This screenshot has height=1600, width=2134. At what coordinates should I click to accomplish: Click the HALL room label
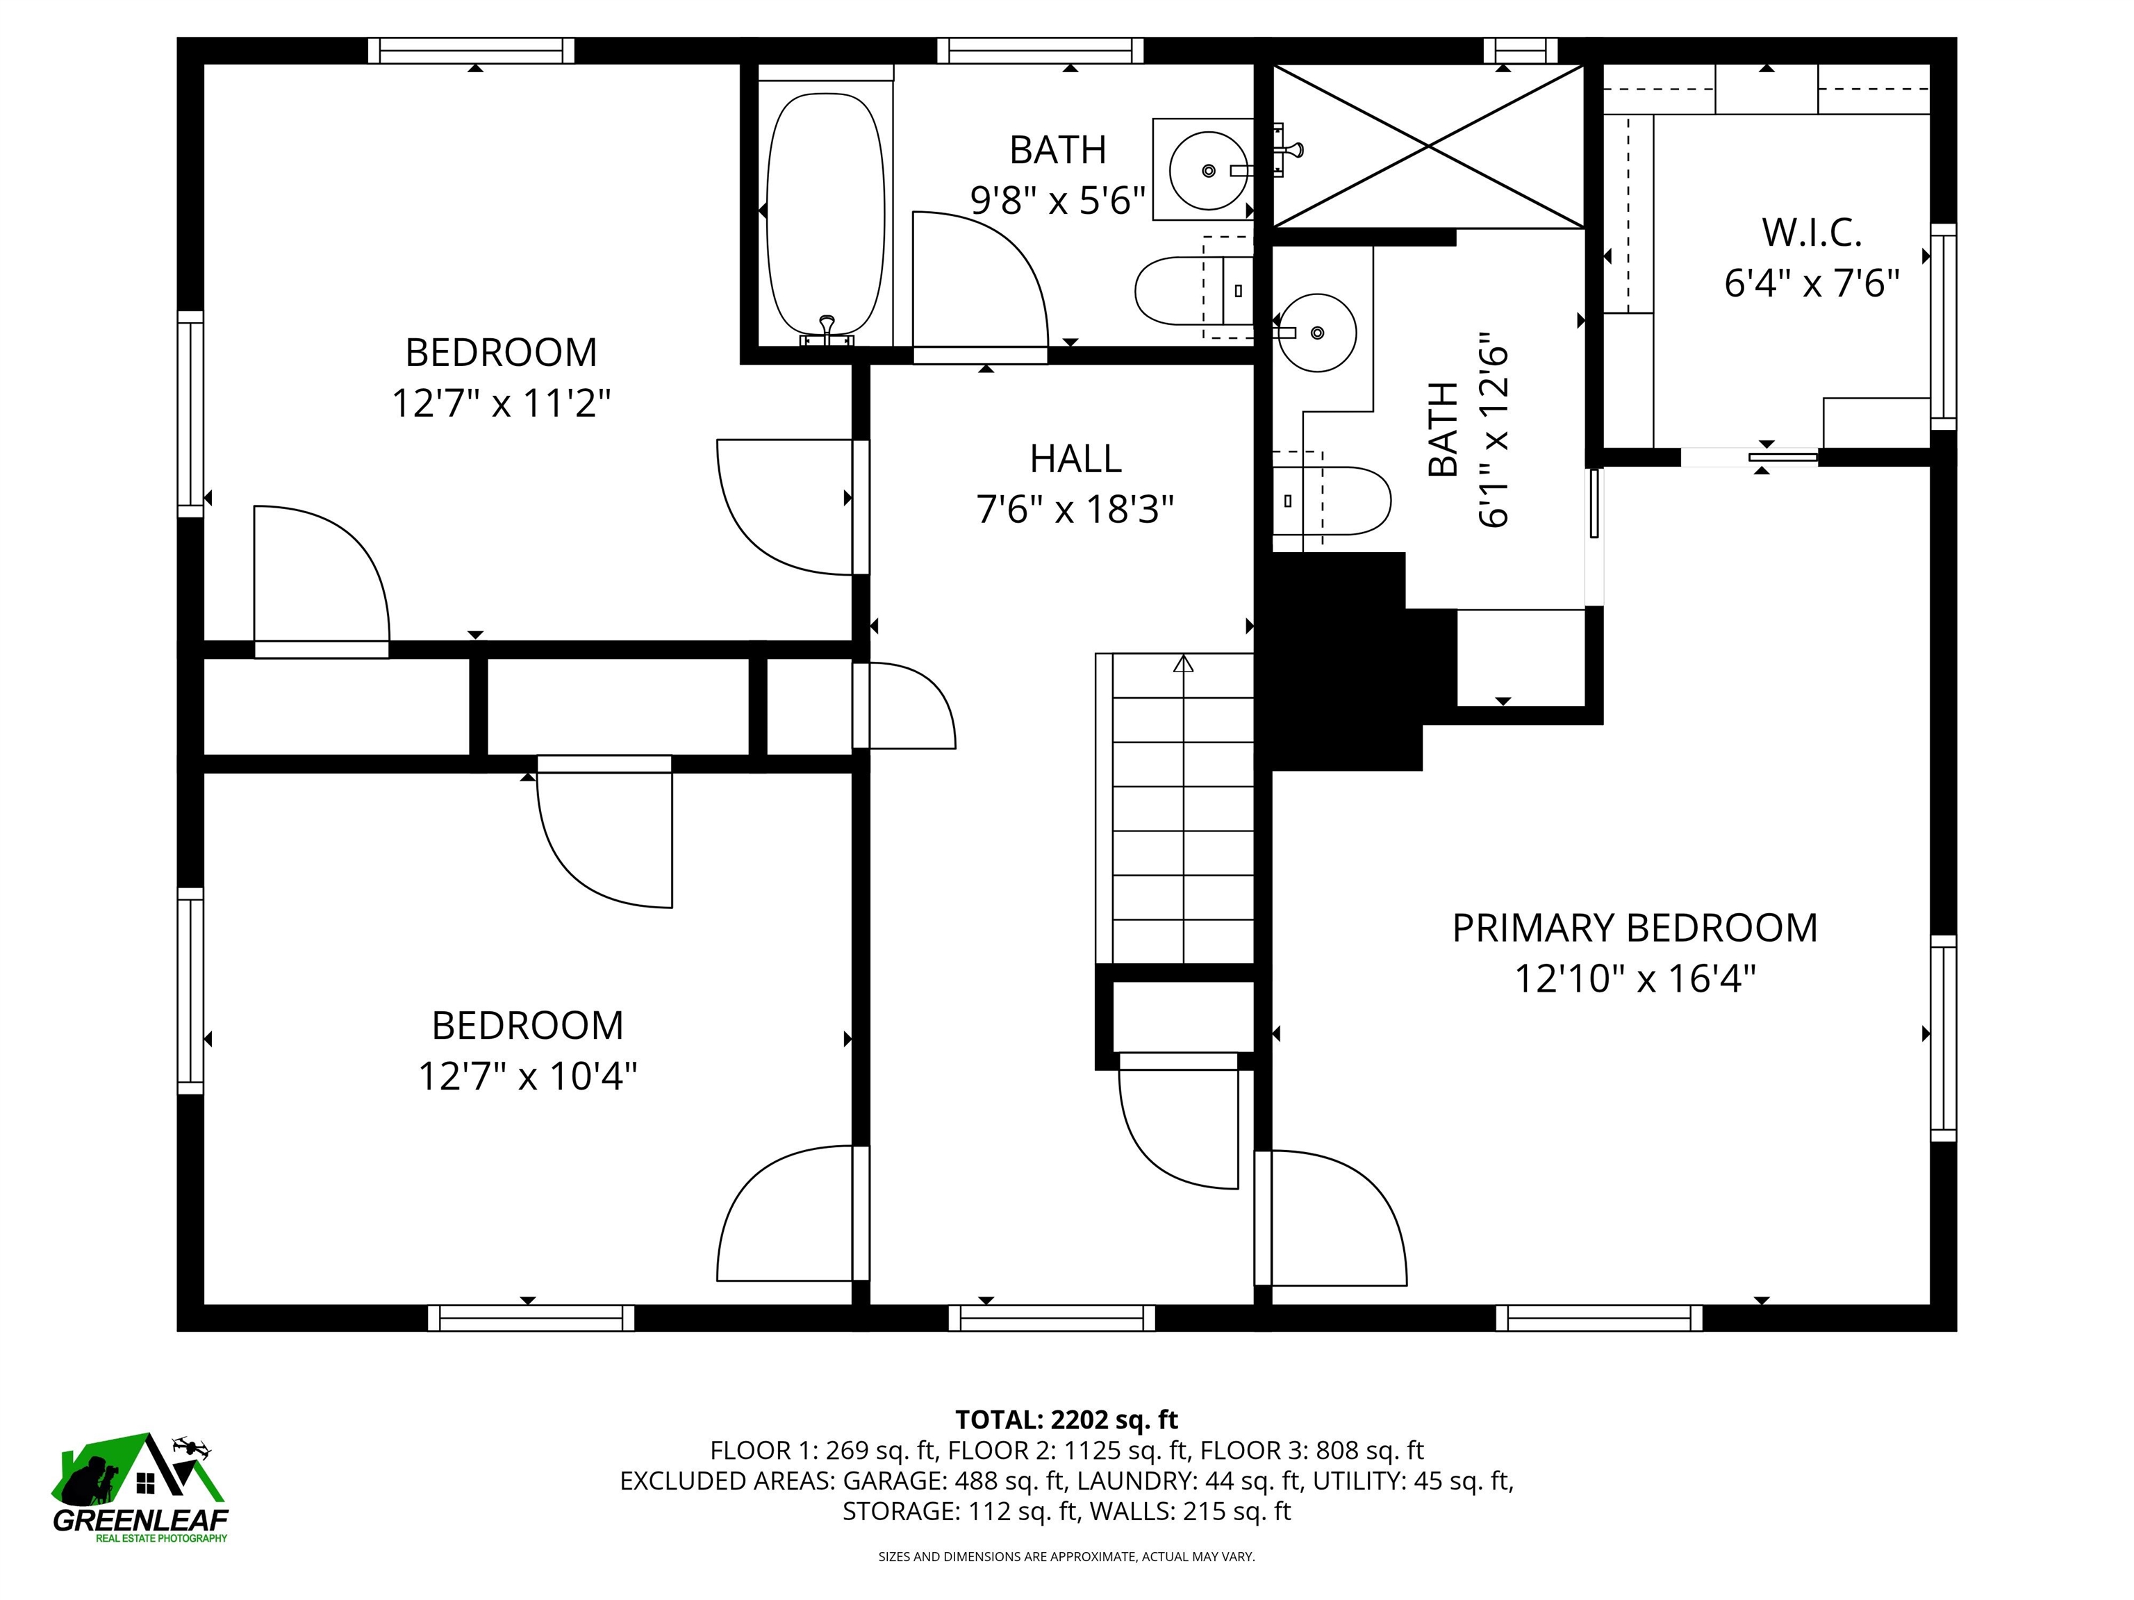point(1075,459)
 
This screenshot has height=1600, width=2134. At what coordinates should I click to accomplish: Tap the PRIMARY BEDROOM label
point(1635,928)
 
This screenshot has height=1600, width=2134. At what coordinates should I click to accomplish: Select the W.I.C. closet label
point(1812,233)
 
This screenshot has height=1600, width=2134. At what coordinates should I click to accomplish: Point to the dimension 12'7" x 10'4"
point(528,1074)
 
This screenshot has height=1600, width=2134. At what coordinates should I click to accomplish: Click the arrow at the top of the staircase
point(1184,663)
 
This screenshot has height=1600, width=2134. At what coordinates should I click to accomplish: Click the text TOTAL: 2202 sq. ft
point(1066,1419)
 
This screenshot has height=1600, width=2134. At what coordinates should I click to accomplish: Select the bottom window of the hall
point(1052,1317)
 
